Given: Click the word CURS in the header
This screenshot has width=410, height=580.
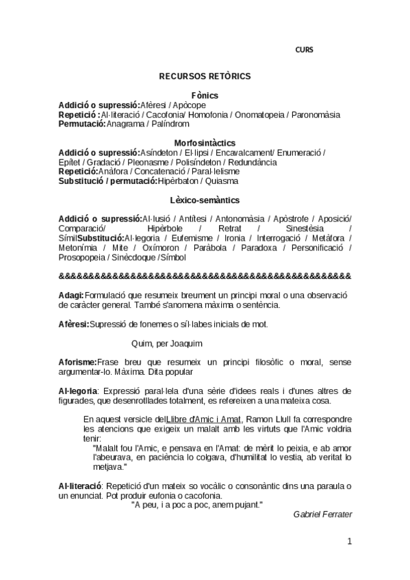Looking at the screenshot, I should [304, 49].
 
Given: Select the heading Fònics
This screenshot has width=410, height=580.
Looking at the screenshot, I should [205, 95].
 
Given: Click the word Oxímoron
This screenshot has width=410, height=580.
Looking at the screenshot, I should [162, 247].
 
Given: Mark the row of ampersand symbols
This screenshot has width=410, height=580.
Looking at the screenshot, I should [205, 276].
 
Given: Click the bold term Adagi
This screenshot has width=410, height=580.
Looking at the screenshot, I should [72, 295].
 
